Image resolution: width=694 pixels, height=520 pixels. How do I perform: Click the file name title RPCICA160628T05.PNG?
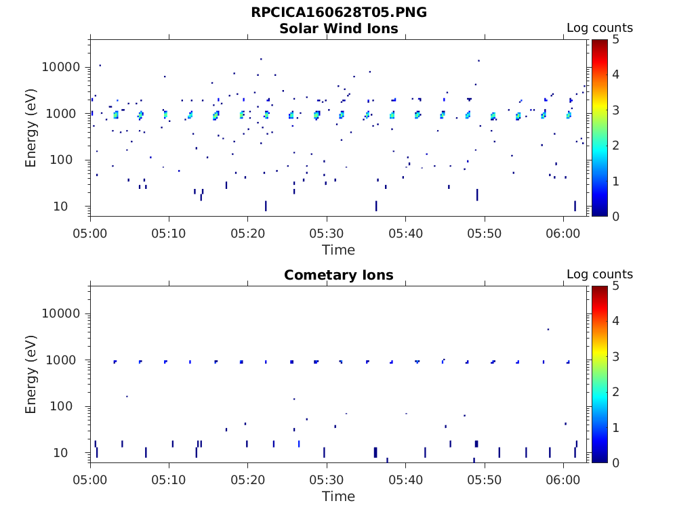click(339, 12)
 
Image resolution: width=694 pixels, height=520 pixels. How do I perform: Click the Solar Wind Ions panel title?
click(339, 28)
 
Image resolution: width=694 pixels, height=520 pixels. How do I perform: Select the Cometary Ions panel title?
click(339, 275)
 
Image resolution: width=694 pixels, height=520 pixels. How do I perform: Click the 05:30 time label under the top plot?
click(327, 233)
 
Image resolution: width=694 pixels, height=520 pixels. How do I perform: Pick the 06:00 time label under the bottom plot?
click(563, 479)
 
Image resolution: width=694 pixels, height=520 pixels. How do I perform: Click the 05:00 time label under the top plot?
click(90, 233)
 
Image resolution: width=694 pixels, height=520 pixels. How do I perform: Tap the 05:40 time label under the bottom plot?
click(405, 479)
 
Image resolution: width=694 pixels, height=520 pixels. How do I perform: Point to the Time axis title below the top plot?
click(339, 250)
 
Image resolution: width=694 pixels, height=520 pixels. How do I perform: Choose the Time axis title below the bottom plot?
click(339, 496)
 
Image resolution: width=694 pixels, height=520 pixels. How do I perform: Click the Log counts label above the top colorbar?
click(600, 28)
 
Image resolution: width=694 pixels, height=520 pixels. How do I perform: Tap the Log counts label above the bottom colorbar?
click(600, 275)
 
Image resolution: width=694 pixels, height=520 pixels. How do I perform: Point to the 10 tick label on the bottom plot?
click(73, 453)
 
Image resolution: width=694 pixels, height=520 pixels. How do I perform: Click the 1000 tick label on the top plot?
click(65, 114)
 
